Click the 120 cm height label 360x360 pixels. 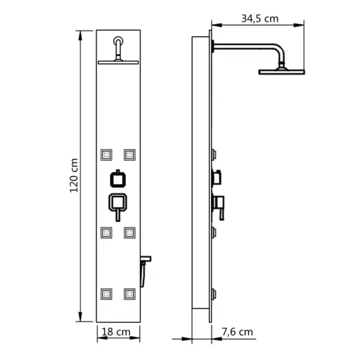(x=73, y=176)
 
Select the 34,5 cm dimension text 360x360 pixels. (x=260, y=18)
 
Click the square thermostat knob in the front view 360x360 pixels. (x=118, y=178)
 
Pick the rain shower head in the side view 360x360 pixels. (x=282, y=72)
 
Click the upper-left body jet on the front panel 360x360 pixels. (x=107, y=154)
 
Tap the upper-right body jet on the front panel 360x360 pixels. (x=128, y=154)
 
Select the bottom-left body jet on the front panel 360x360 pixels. (x=107, y=294)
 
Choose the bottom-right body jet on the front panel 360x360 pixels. (x=128, y=294)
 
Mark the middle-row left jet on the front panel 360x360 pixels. (x=107, y=232)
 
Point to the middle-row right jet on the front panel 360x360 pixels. (x=128, y=232)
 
